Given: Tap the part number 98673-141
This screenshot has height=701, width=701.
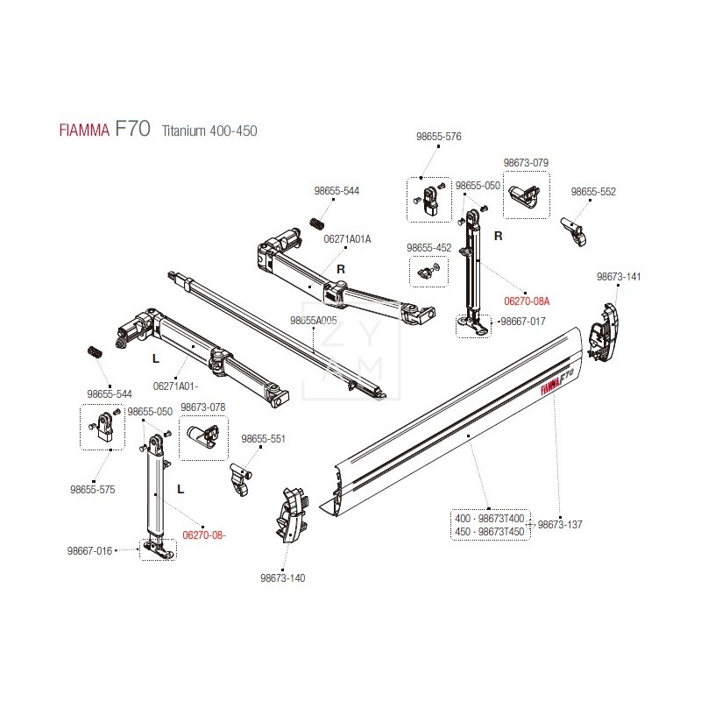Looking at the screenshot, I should [619, 277].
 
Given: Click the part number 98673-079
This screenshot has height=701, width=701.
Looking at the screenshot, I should [526, 163].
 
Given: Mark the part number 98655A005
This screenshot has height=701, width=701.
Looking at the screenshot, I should [314, 321].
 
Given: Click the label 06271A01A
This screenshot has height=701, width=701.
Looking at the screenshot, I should [348, 238].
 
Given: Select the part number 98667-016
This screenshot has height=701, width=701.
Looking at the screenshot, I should [91, 551].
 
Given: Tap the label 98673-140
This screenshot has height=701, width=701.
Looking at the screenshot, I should [282, 578].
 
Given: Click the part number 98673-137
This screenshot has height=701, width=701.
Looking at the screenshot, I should [560, 525].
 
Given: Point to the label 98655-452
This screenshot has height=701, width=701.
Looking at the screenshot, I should [429, 248].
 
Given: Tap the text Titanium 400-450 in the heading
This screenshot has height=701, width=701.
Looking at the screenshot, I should [209, 131].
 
